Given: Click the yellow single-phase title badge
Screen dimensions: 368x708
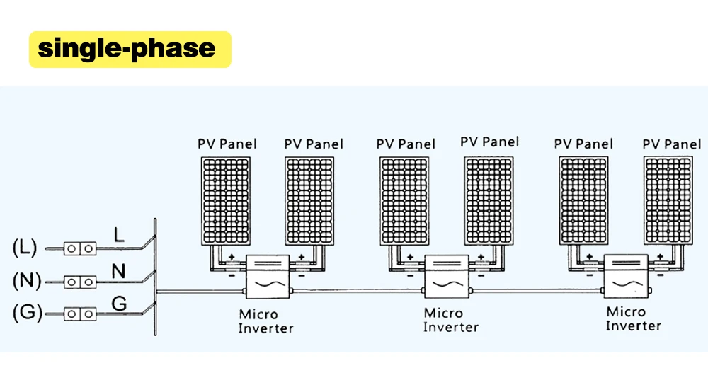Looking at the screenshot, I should pyautogui.click(x=130, y=49).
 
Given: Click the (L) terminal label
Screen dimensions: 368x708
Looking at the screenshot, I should pyautogui.click(x=25, y=248).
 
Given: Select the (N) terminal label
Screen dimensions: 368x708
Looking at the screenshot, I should pyautogui.click(x=25, y=280).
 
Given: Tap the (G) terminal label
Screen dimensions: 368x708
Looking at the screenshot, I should pyautogui.click(x=25, y=312).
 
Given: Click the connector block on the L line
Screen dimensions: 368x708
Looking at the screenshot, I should pyautogui.click(x=80, y=248).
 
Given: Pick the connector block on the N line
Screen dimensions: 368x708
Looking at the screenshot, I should pyautogui.click(x=80, y=282).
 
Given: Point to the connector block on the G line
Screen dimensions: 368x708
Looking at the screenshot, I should pyautogui.click(x=80, y=313).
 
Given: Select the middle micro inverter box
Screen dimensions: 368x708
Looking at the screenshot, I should pyautogui.click(x=446, y=279).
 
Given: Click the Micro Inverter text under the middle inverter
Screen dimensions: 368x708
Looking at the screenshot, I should pyautogui.click(x=450, y=320).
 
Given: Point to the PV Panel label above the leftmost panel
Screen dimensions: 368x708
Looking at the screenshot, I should pyautogui.click(x=227, y=144).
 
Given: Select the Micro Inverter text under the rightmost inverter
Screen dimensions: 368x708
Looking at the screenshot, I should pyautogui.click(x=633, y=318).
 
